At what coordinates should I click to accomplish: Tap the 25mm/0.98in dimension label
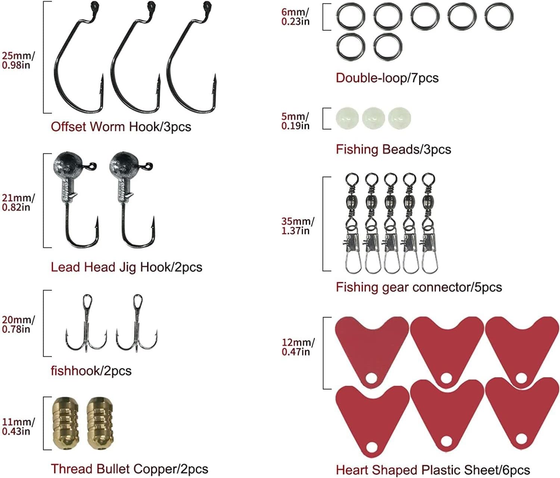click(18, 60)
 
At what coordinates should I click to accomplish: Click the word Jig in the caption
click(128, 267)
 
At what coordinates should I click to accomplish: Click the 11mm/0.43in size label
click(18, 427)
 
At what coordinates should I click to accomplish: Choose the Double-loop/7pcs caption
click(387, 78)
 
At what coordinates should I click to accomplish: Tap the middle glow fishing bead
click(373, 118)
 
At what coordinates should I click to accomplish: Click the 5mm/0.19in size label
click(295, 121)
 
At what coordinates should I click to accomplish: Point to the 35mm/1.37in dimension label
click(298, 226)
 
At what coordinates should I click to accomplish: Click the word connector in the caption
click(441, 287)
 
